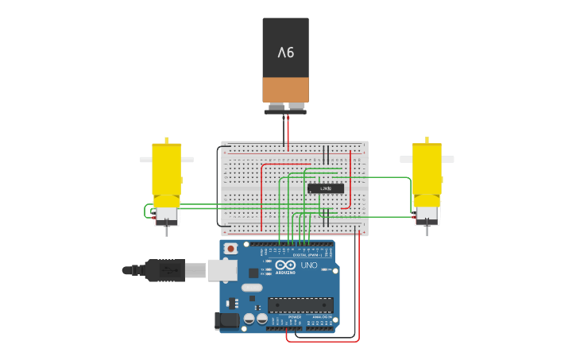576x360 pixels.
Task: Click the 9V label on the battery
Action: [x=285, y=52]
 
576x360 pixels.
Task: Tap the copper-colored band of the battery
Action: [x=285, y=89]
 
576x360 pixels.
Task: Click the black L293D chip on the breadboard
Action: [x=326, y=188]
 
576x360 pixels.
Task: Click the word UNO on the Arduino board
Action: [x=309, y=265]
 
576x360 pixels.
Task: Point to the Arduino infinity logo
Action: [x=287, y=265]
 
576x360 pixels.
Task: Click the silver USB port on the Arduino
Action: [x=222, y=269]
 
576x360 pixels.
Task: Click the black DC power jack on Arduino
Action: [x=226, y=321]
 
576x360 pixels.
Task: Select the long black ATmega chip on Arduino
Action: [x=300, y=304]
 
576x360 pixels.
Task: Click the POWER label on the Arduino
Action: [x=295, y=316]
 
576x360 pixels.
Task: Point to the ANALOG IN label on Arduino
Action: [x=323, y=316]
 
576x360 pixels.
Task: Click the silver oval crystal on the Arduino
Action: [x=252, y=287]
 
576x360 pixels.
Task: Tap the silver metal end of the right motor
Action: [x=427, y=215]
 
